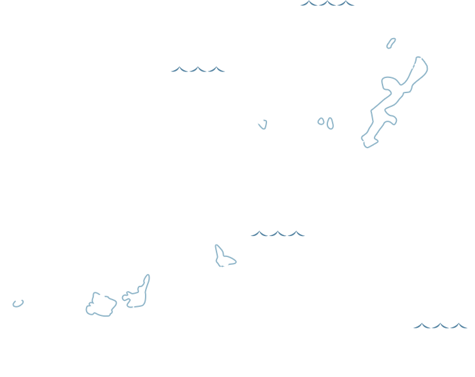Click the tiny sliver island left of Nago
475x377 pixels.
[391, 43]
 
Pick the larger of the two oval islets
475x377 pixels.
[329, 123]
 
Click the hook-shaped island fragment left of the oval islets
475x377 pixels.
[263, 124]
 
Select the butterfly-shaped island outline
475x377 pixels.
[224, 256]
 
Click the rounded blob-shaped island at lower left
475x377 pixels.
[101, 305]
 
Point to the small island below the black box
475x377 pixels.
[18, 303]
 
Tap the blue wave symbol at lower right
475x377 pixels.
[439, 325]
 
